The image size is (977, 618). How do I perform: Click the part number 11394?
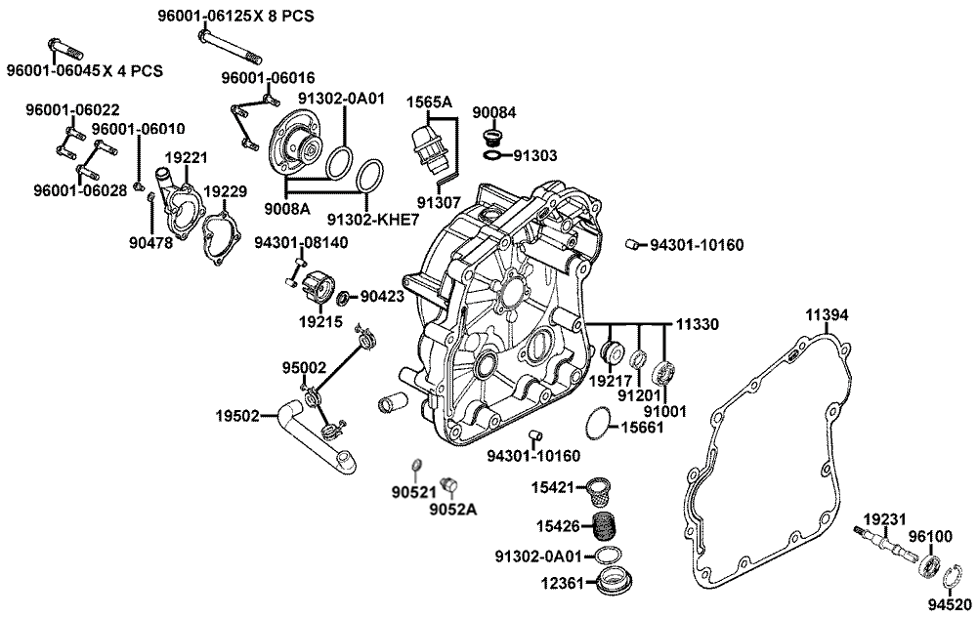pyautogui.click(x=827, y=315)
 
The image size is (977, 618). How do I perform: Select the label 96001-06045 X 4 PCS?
pyautogui.click(x=85, y=71)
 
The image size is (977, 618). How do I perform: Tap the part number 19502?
pyautogui.click(x=237, y=415)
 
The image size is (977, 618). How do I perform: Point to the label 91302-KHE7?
pyautogui.click(x=373, y=220)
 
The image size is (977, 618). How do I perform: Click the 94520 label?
pyautogui.click(x=950, y=604)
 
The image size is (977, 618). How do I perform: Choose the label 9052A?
pyautogui.click(x=452, y=509)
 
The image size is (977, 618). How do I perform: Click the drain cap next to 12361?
pyautogui.click(x=613, y=582)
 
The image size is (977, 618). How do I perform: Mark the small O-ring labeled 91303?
pyautogui.click(x=492, y=155)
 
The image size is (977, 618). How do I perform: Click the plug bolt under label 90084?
pyautogui.click(x=492, y=138)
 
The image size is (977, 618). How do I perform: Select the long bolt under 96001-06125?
pyautogui.click(x=230, y=47)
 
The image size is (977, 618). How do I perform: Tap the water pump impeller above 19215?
pyautogui.click(x=319, y=286)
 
